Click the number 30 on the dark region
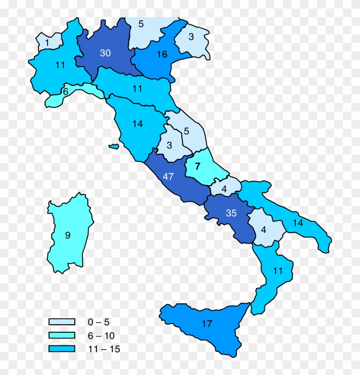click(105, 53)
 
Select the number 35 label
click(231, 213)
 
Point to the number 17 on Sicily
click(207, 324)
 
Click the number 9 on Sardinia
click(68, 235)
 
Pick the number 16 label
click(162, 54)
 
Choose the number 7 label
click(198, 166)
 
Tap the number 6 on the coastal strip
click(66, 91)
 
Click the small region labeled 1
click(47, 42)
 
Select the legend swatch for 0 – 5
click(62, 322)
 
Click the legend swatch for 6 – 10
click(62, 336)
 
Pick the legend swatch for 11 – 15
click(62, 349)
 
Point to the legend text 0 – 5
click(96, 322)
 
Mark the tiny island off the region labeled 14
click(114, 147)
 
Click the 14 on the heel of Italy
click(298, 223)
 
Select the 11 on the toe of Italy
click(278, 271)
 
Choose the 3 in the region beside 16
click(191, 37)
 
